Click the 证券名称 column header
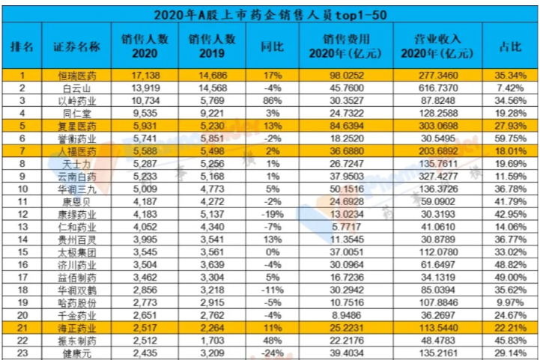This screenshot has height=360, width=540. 77,46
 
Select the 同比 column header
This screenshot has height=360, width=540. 272,46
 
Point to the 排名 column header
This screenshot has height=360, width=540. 22,46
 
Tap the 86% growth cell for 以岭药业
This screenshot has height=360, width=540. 271,101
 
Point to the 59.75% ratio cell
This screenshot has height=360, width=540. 511,138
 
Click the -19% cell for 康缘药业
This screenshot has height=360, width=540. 271,215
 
